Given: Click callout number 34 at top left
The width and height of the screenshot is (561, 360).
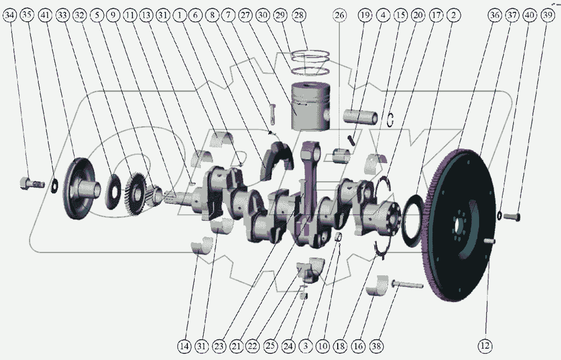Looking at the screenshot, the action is (x=10, y=15).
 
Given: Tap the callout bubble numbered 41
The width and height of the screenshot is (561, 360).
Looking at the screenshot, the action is (x=45, y=15).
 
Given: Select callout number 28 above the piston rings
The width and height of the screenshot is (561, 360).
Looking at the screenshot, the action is (x=300, y=15).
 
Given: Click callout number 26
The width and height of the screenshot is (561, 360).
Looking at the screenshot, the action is (x=339, y=15).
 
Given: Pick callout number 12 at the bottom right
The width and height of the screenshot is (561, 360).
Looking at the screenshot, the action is (x=485, y=345).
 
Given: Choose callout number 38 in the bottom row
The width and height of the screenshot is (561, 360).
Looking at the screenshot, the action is (x=376, y=345).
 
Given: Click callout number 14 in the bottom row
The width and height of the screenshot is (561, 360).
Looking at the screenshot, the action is (x=184, y=345).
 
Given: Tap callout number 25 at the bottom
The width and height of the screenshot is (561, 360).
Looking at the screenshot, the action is (x=271, y=345).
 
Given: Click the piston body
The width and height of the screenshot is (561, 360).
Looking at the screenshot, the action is (x=310, y=107).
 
